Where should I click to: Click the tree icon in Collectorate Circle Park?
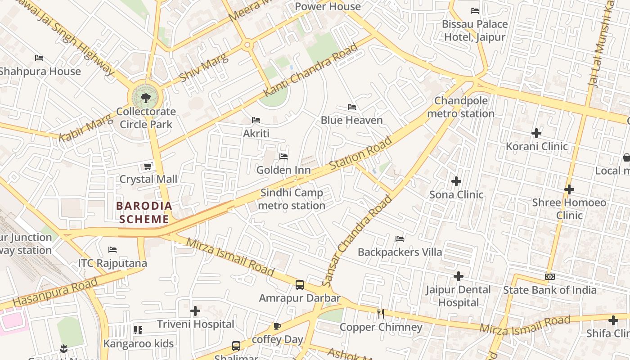(x=145, y=98)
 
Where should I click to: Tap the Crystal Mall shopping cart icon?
(x=148, y=166)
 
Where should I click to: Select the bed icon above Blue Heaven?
(x=352, y=107)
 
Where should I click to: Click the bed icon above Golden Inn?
(x=283, y=157)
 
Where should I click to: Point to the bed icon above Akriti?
(x=256, y=120)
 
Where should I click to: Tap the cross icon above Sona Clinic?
(x=456, y=181)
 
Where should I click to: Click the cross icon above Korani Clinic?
(x=536, y=133)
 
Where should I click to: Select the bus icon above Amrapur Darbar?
(x=300, y=284)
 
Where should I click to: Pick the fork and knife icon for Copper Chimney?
(x=381, y=314)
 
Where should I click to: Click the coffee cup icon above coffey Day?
(x=277, y=326)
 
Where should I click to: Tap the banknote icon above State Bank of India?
(x=549, y=277)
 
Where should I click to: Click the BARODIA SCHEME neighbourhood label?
(x=144, y=212)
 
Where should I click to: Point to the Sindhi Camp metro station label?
(x=292, y=199)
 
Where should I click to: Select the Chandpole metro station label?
(x=460, y=107)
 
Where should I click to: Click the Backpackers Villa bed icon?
(x=400, y=238)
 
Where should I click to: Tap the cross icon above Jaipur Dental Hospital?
(x=459, y=276)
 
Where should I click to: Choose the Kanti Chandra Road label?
(x=310, y=70)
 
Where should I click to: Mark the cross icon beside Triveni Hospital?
(x=195, y=311)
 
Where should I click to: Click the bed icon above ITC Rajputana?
(x=112, y=250)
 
